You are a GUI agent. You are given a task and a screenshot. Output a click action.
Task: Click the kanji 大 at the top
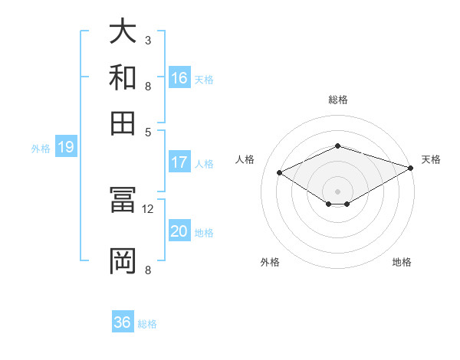(123, 32)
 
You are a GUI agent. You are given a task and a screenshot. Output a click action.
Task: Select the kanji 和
(123, 77)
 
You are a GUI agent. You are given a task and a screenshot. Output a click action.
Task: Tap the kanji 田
(123, 123)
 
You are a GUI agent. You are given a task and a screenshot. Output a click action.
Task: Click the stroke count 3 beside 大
(148, 40)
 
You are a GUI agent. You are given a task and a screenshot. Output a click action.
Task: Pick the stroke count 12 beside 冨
(148, 208)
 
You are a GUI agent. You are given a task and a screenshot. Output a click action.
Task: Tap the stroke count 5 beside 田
(148, 131)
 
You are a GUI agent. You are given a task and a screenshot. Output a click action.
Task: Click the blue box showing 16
(179, 77)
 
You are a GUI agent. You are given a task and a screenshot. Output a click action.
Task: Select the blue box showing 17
(179, 162)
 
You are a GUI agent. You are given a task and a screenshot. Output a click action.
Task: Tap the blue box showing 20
(179, 231)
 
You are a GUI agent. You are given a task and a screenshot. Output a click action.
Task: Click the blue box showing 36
(123, 322)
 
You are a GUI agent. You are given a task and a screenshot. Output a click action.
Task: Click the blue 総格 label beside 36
(147, 324)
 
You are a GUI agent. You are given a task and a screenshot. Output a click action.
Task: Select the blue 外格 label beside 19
(41, 149)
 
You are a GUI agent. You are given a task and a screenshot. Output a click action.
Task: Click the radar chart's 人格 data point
(280, 173)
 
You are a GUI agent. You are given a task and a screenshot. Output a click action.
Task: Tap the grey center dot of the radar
(338, 191)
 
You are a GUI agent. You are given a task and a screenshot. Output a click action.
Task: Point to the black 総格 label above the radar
(338, 100)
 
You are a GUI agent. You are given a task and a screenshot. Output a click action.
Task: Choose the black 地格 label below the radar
(402, 263)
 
